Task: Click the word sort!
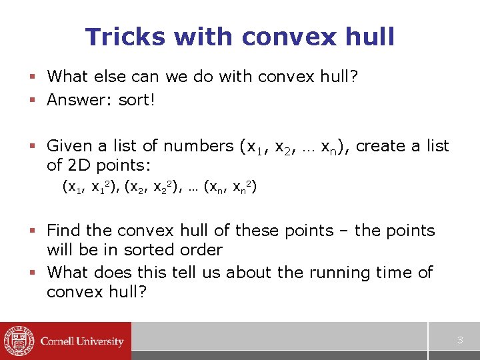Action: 137,100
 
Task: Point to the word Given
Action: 69,145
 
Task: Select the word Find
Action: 65,231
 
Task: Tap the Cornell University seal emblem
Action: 19,341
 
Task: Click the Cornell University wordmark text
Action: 82,341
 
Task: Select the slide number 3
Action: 459,341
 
